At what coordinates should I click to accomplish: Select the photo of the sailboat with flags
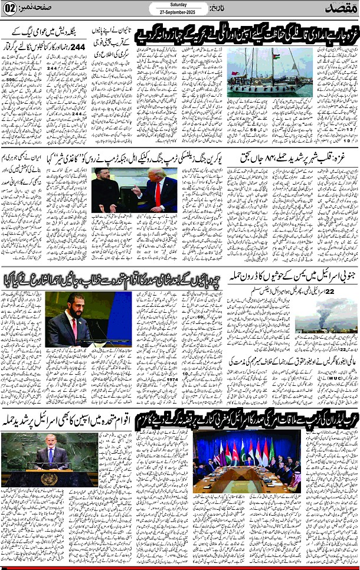pos(261,72)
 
